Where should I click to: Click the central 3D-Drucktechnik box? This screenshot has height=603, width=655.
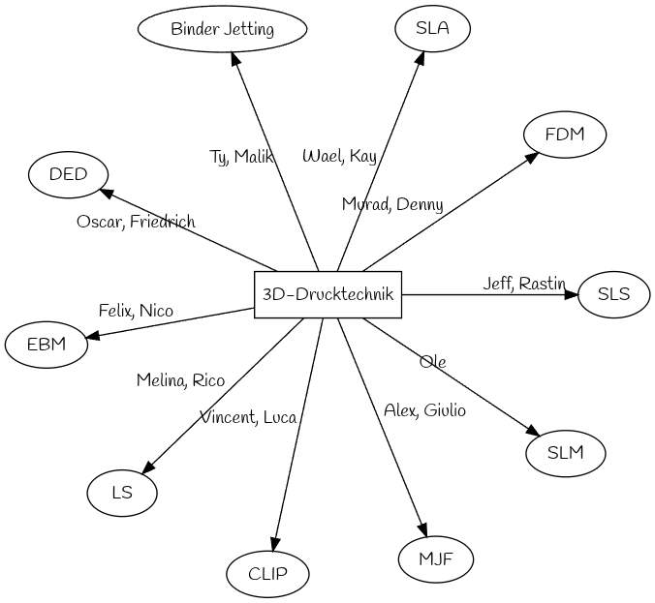pos(327,295)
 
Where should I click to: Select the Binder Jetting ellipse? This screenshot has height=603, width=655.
pos(222,29)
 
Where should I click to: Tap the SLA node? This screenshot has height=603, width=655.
pos(432,28)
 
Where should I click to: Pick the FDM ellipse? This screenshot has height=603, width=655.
pos(564,135)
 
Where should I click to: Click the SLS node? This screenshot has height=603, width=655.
pos(612,294)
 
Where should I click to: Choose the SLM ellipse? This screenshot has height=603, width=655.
pos(565,452)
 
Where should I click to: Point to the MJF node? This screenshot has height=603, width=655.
pos(435,558)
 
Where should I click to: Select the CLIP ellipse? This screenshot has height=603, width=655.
pos(267,573)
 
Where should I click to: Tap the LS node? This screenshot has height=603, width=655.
pos(121,492)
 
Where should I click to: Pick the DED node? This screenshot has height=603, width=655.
pos(68,174)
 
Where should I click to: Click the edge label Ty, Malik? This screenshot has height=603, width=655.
pos(241,157)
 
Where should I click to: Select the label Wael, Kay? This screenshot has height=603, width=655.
pos(339,156)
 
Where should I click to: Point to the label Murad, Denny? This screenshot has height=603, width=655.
pos(392,204)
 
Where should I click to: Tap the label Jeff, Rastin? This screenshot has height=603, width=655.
pos(524,284)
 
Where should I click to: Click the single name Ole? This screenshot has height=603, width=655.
pos(432,362)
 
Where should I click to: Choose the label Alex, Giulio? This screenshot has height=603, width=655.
pos(424,410)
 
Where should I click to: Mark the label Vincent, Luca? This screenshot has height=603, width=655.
pos(248,417)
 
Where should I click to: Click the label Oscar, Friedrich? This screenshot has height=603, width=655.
pos(136,222)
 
